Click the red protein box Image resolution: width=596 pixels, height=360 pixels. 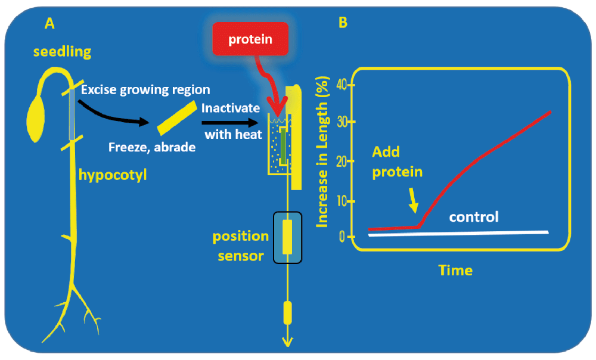tap(250, 39)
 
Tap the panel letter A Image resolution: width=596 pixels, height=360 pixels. tap(49, 24)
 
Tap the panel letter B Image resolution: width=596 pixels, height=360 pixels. tap(343, 23)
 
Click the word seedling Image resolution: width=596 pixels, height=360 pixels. tap(63, 52)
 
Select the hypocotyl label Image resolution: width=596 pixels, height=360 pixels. tap(113, 175)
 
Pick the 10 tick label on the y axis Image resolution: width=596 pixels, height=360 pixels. tap(342, 201)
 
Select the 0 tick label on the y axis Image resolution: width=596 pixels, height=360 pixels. tap(342, 237)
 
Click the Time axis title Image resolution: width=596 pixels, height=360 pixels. tap(455, 270)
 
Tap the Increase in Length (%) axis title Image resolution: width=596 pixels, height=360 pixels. tap(322, 152)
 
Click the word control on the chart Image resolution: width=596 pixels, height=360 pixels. tap(474, 217)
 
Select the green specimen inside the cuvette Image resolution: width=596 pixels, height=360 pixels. tap(283, 147)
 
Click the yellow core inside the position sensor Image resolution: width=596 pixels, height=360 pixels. tap(287, 237)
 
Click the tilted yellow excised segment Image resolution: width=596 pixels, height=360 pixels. tap(178, 117)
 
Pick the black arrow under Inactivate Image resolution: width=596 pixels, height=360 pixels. tap(230, 122)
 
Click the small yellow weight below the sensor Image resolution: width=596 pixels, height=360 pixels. tap(288, 313)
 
